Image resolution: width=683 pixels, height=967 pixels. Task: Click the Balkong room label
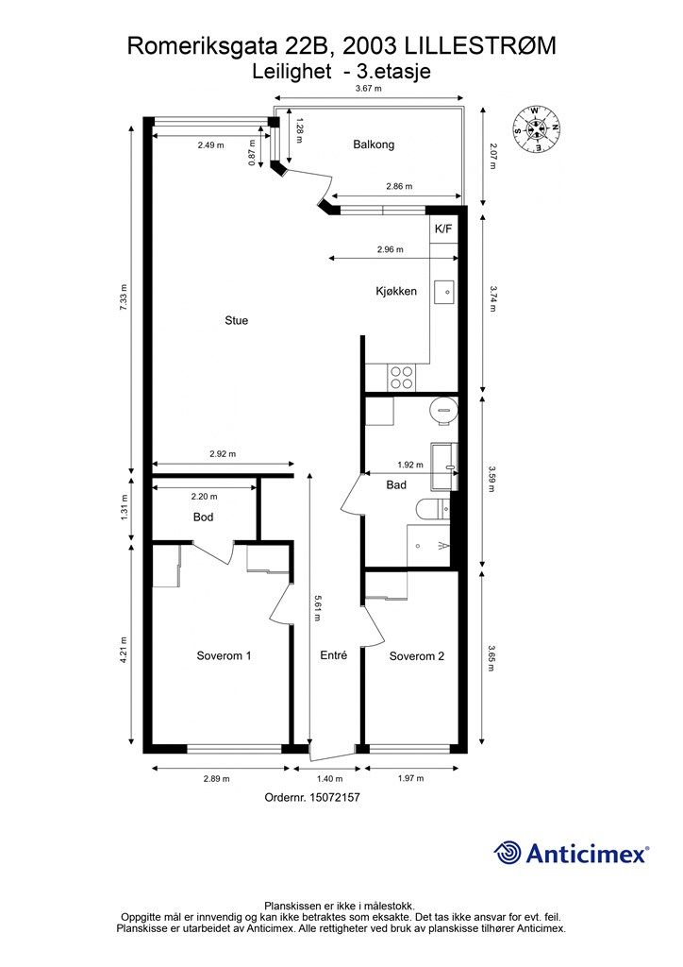tap(374, 144)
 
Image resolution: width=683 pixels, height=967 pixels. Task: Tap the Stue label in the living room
tap(237, 320)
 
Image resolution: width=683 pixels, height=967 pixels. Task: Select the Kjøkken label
tap(396, 291)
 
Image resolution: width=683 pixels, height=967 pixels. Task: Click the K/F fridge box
tap(443, 229)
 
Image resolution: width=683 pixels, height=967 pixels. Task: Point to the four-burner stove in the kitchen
tap(401, 377)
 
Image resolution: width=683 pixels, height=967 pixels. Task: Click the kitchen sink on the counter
tap(444, 292)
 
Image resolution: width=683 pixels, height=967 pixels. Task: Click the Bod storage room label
tap(203, 517)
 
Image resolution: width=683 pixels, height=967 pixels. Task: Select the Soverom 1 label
tap(224, 655)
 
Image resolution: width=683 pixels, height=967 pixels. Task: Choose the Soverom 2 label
tap(416, 656)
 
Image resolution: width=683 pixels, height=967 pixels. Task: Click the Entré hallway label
tap(333, 655)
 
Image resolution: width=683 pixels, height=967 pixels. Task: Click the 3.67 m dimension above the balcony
tap(368, 88)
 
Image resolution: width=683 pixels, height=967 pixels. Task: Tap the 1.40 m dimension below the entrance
tap(327, 778)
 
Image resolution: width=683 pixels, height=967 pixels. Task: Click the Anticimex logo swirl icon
tap(508, 853)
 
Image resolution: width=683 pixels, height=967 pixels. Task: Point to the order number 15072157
tap(311, 797)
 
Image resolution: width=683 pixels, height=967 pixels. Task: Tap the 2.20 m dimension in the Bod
tap(204, 496)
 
